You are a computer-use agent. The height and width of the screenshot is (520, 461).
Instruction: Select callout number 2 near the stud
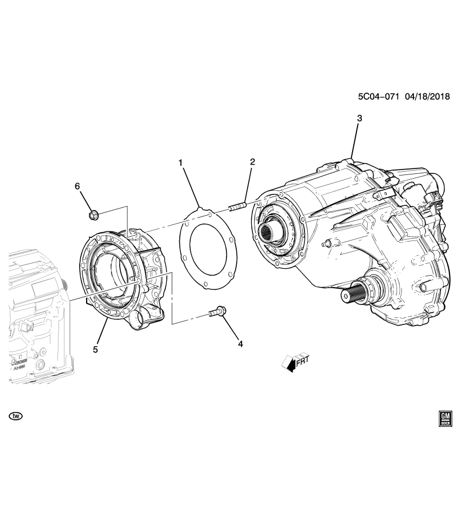[252, 161]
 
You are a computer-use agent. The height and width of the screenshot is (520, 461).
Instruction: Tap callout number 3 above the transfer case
[359, 118]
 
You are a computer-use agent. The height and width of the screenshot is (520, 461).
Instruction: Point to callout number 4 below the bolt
[240, 343]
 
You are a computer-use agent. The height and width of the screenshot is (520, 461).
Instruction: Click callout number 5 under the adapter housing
[95, 349]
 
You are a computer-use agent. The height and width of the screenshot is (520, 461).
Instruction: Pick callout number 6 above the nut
[77, 186]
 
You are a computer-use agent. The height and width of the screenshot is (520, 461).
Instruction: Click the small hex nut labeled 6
[92, 215]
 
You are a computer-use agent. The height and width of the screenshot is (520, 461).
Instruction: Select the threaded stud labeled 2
[238, 207]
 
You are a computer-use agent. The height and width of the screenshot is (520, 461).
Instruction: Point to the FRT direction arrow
[290, 363]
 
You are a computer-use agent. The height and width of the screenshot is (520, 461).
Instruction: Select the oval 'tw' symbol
[16, 416]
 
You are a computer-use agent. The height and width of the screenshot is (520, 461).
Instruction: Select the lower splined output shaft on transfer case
[353, 294]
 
